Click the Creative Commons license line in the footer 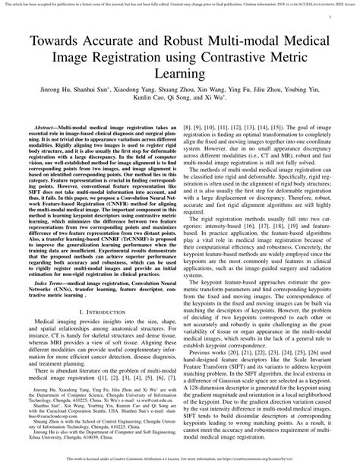[180, 458]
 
